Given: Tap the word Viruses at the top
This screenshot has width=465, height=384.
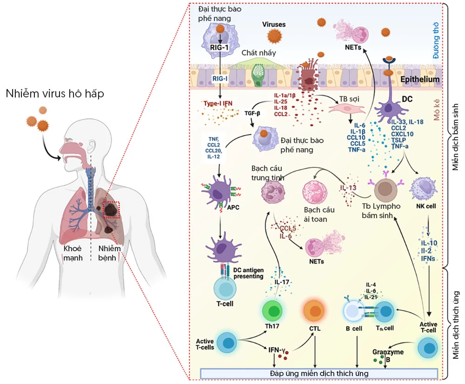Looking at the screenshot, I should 274,24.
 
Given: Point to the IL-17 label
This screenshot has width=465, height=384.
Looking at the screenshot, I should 282,282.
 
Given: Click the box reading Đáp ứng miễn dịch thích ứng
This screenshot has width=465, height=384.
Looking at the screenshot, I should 319,373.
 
